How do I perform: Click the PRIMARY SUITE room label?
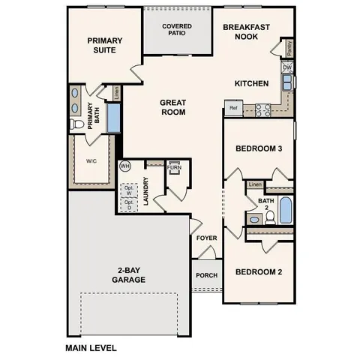pyautogui.click(x=104, y=46)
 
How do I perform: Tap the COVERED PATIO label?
pyautogui.click(x=177, y=31)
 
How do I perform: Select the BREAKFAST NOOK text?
pyautogui.click(x=246, y=31)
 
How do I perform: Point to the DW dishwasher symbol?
pyautogui.click(x=287, y=67)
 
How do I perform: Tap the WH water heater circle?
pyautogui.click(x=125, y=166)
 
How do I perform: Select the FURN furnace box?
pyautogui.click(x=174, y=167)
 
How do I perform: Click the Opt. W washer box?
pyautogui.click(x=128, y=190)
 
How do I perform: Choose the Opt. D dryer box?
pyautogui.click(x=128, y=202)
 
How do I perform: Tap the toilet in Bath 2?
pyautogui.click(x=255, y=219)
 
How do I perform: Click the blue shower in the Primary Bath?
pyautogui.click(x=114, y=118)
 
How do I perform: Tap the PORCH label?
pyautogui.click(x=206, y=274)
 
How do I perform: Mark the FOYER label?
pyautogui.click(x=206, y=238)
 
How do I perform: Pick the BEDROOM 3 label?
pyautogui.click(x=258, y=148)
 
